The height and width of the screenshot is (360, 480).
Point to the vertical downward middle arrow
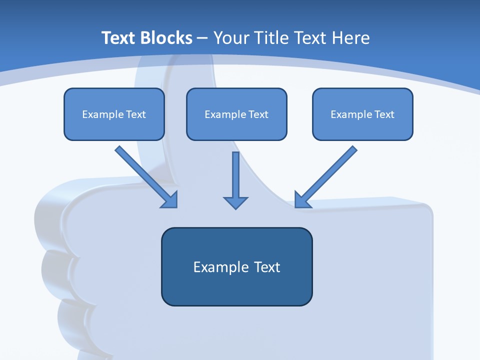tap(235, 175)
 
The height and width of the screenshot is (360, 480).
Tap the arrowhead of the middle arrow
tap(235, 202)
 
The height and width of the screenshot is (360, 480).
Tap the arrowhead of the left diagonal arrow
tap(170, 199)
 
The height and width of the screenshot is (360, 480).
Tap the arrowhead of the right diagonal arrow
tap(301, 199)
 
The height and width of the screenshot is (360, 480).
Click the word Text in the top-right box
tap(384, 114)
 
